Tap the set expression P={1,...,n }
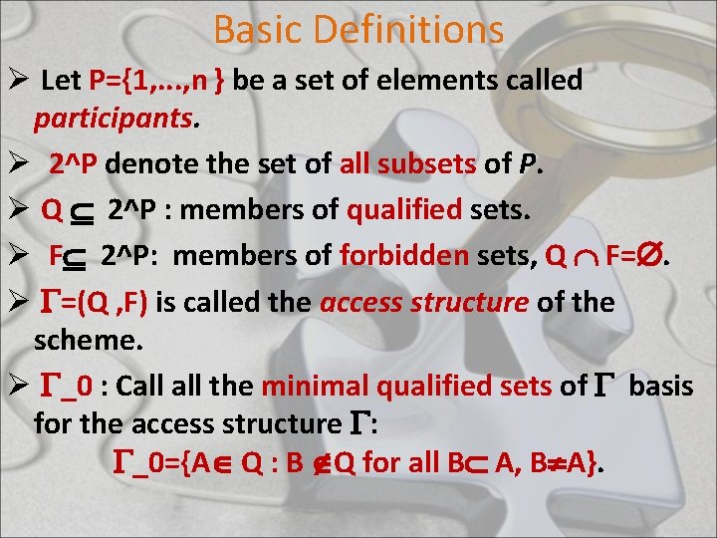(165, 82)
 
